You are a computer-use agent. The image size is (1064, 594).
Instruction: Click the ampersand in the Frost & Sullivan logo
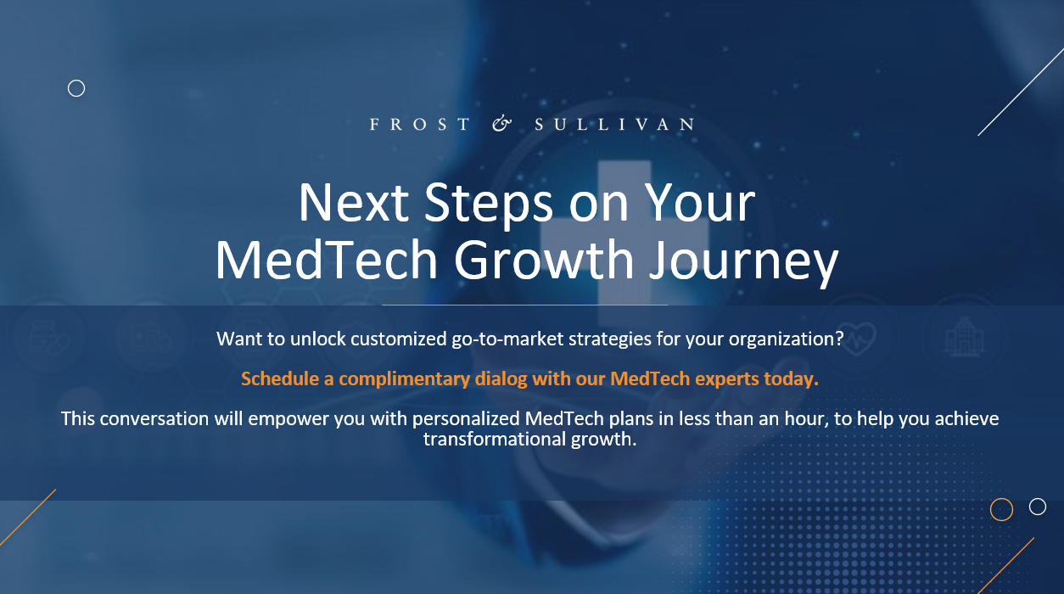click(x=501, y=124)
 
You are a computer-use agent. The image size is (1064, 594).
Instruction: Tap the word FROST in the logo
click(x=419, y=125)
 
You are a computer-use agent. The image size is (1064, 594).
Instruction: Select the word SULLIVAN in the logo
click(x=614, y=125)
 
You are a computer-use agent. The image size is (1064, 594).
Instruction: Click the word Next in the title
click(x=354, y=203)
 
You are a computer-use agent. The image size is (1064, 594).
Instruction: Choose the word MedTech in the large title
click(x=327, y=260)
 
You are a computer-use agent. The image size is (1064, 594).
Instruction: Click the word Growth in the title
click(x=544, y=260)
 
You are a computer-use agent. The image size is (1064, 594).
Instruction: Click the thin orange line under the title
click(x=525, y=305)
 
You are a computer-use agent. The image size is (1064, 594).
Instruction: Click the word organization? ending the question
click(x=787, y=339)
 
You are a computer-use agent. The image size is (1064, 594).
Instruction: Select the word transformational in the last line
click(x=495, y=439)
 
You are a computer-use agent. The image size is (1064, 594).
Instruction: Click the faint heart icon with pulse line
click(x=857, y=338)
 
